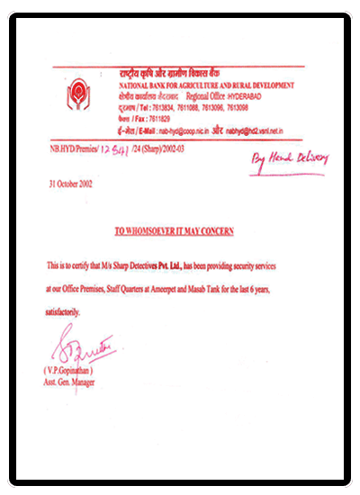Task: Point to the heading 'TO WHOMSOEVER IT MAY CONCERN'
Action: coord(174,231)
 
